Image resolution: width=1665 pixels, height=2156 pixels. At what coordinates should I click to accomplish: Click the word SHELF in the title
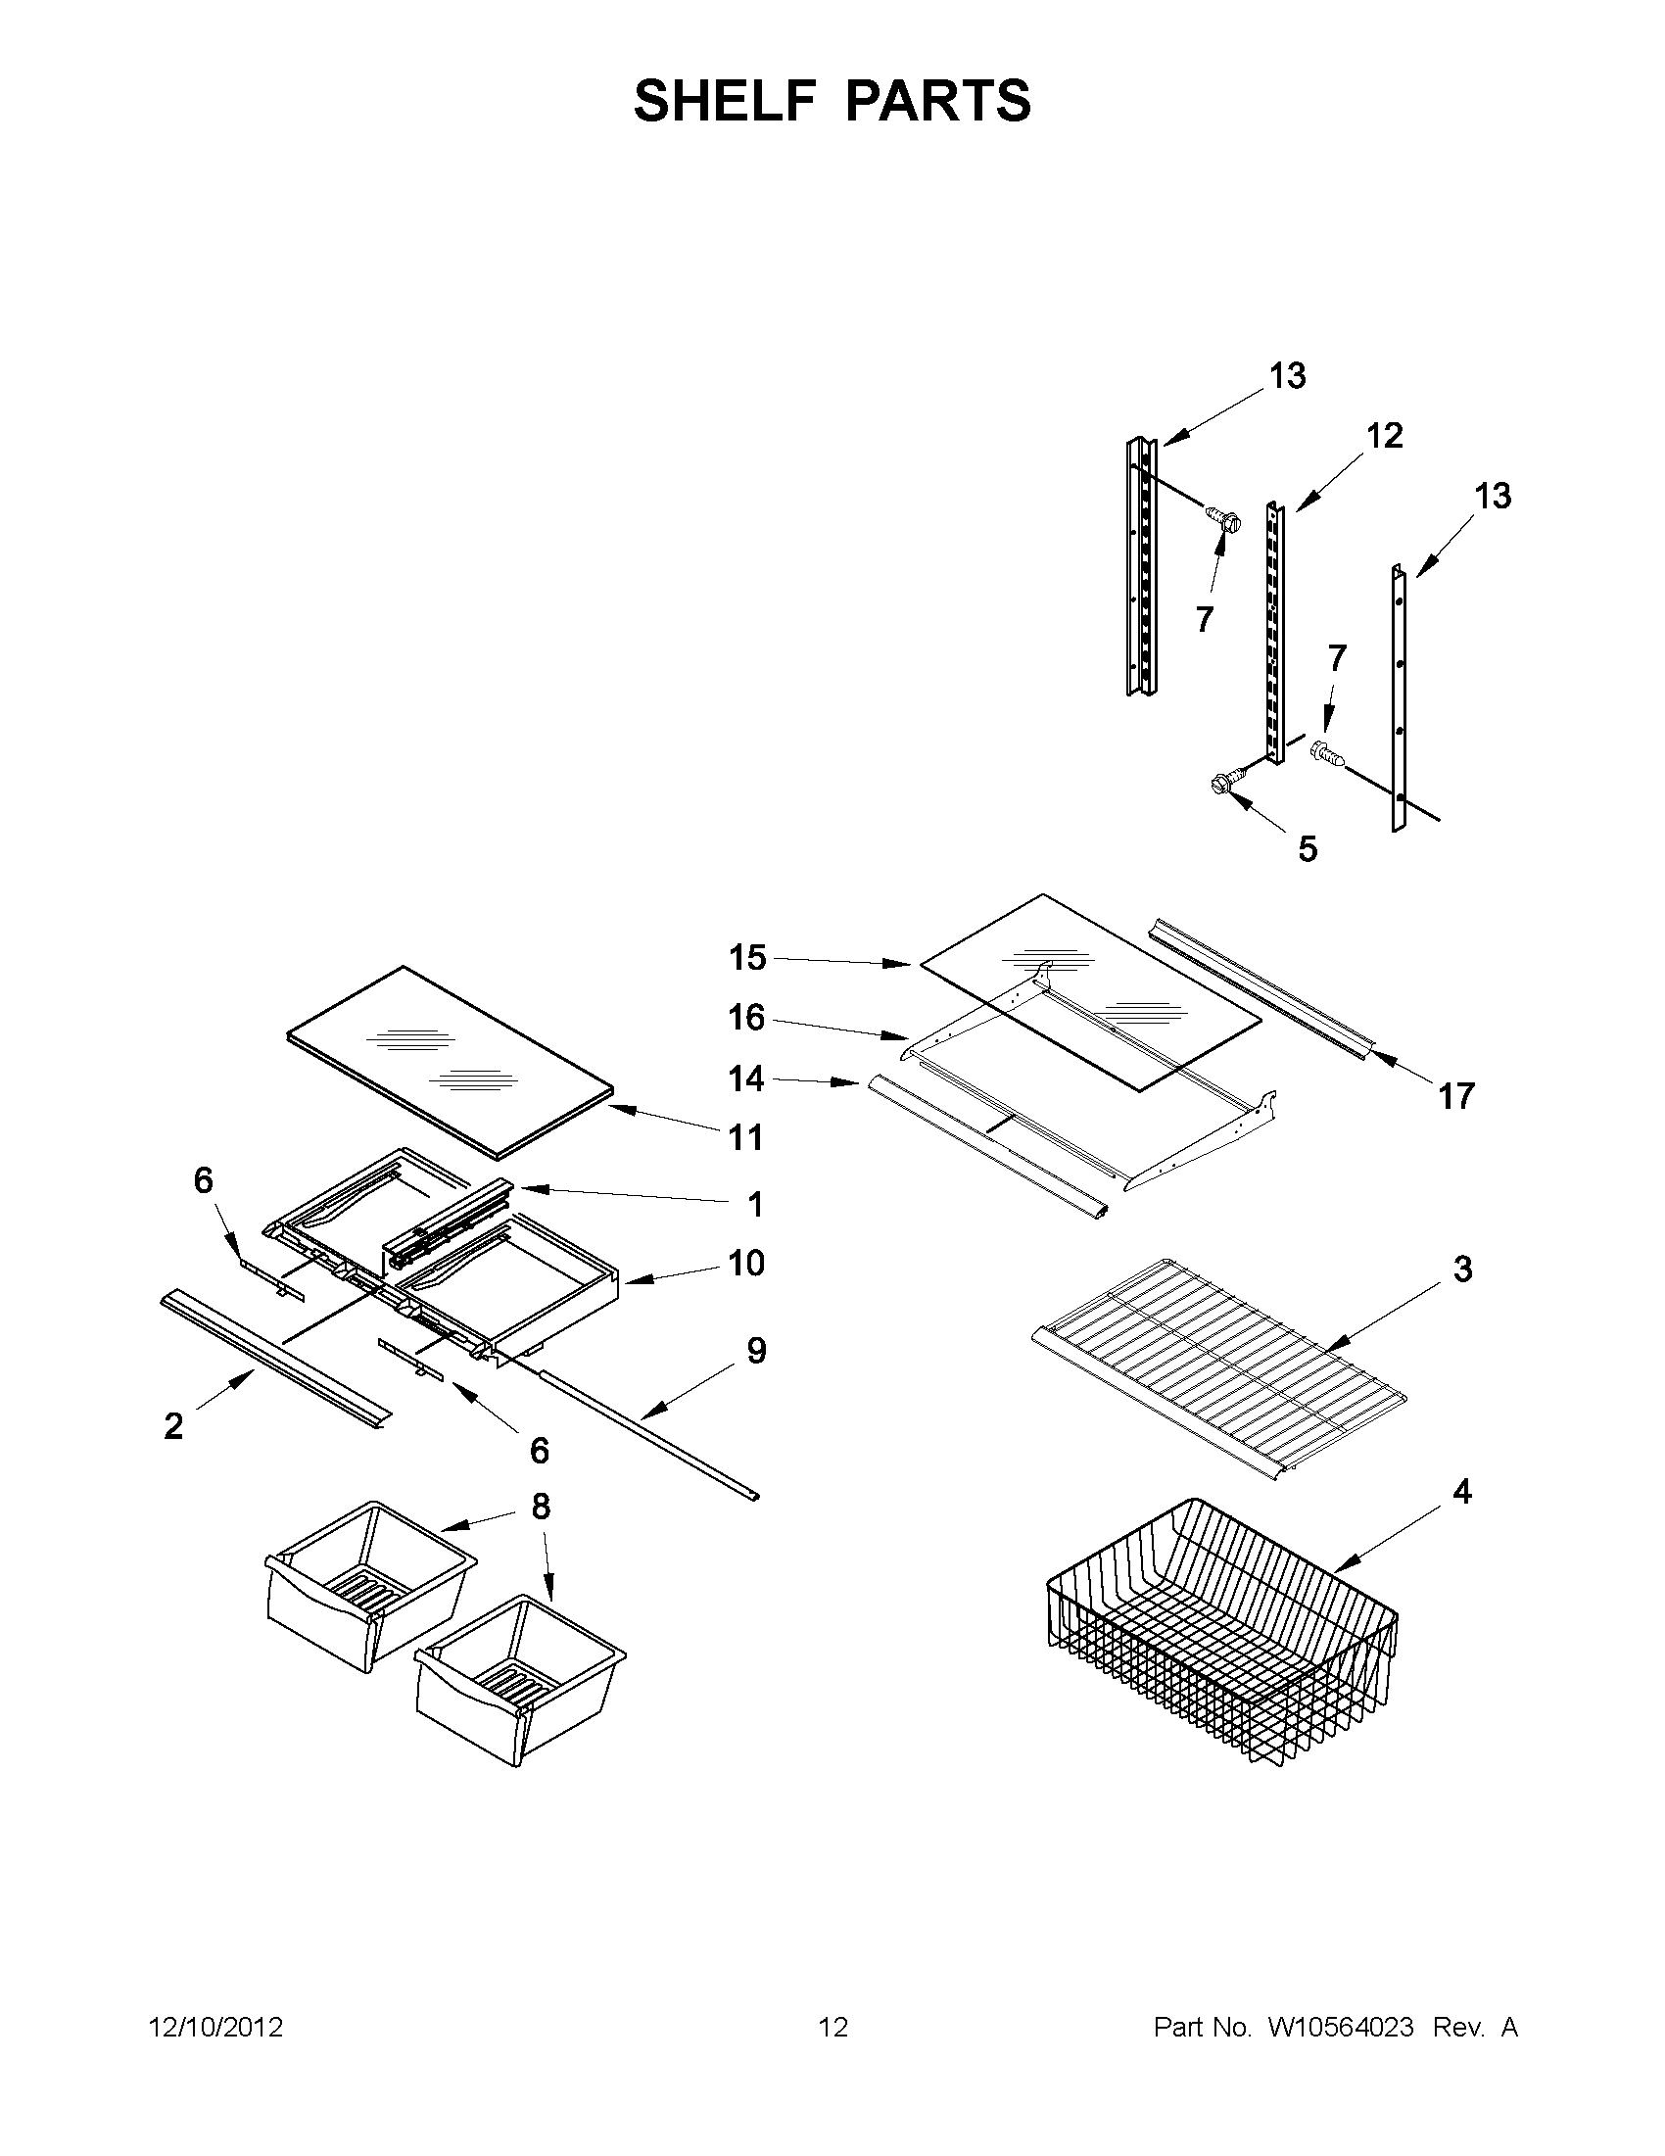(x=726, y=101)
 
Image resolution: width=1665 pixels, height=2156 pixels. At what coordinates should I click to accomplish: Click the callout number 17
(x=1455, y=1096)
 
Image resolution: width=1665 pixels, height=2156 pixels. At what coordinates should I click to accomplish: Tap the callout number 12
(x=1384, y=435)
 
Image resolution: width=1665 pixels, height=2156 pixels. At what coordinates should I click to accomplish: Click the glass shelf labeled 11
(x=450, y=1059)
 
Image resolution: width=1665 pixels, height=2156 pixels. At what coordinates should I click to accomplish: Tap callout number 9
(x=756, y=1351)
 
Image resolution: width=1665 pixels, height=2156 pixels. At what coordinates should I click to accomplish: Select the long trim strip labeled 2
(x=274, y=1360)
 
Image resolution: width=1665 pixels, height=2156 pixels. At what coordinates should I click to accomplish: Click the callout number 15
(x=747, y=958)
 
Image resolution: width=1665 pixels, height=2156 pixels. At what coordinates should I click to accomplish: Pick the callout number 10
(x=746, y=1263)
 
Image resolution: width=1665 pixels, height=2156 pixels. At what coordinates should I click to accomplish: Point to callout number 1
(x=755, y=1204)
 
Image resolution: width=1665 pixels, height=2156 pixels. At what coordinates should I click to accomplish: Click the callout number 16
(x=746, y=1017)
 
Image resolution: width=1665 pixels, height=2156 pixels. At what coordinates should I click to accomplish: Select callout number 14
(x=746, y=1079)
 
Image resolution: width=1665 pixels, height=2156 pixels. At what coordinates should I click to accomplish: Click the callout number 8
(x=540, y=1507)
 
